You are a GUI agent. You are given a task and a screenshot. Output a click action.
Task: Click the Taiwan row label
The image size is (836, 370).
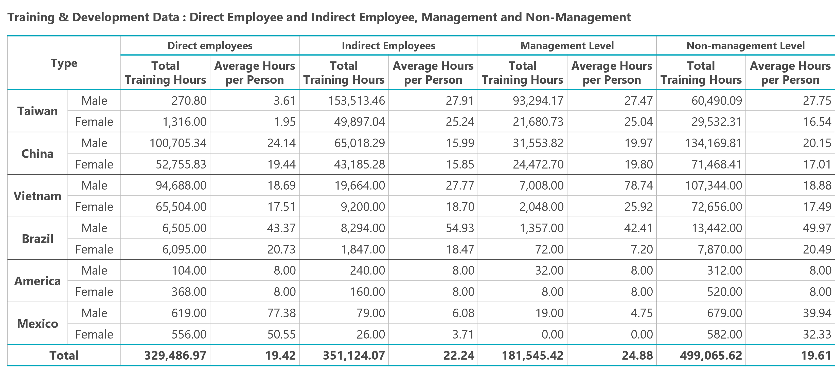[37, 111]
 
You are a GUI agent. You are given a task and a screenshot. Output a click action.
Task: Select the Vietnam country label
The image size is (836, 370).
[37, 196]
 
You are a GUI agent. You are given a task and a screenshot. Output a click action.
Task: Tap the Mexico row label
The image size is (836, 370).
[37, 324]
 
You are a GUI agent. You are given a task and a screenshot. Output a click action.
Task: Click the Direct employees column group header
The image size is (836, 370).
[210, 46]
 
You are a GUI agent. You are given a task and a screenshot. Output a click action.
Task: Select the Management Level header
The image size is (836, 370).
[567, 46]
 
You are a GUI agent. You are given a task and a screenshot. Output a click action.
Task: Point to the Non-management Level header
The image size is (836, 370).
[745, 46]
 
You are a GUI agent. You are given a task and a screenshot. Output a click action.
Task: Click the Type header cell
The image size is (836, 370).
[64, 63]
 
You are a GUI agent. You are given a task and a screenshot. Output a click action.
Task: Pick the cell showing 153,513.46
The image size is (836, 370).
[356, 101]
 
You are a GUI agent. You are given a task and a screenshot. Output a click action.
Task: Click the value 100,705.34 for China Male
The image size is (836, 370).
[178, 143]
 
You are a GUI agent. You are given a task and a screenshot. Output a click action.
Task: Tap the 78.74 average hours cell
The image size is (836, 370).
[638, 186]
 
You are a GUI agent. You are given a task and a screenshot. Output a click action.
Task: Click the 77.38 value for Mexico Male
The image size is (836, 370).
[281, 313]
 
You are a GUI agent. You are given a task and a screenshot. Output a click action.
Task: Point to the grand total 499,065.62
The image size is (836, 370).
[711, 355]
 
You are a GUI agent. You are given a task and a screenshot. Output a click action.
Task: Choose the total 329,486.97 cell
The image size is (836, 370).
[175, 355]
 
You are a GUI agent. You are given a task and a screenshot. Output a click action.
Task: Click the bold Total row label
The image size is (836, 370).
[64, 355]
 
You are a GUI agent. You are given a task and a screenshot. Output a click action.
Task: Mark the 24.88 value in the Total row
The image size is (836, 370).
[637, 355]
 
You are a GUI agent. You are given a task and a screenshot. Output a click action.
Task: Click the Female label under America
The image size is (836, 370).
[94, 292]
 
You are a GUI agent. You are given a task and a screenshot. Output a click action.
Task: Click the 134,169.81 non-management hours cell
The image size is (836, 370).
[713, 143]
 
